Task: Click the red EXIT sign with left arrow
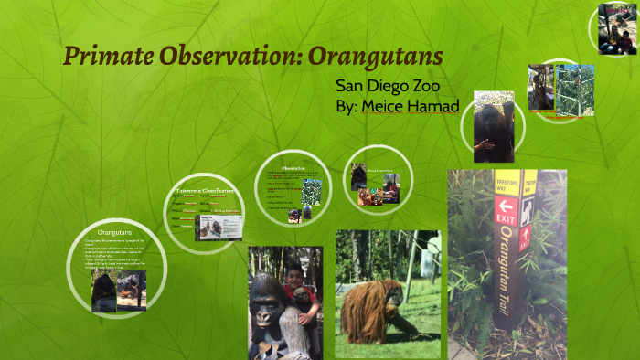pos(506,212)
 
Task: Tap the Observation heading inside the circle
pos(293,168)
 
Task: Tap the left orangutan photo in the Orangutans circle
pos(103,291)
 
